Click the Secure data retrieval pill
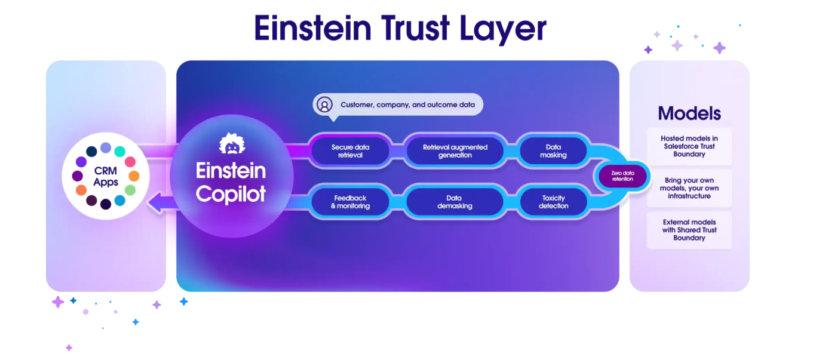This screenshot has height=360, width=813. click(x=350, y=151)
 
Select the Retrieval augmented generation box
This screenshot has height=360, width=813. click(x=455, y=151)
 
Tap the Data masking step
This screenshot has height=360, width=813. click(x=553, y=151)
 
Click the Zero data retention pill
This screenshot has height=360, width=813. click(x=622, y=176)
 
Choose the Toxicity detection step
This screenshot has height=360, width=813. click(x=553, y=202)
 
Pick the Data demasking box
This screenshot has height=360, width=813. click(x=455, y=202)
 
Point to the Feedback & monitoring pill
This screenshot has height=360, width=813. click(x=350, y=202)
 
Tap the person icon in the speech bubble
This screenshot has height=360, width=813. click(x=324, y=104)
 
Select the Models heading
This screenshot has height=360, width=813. click(x=689, y=113)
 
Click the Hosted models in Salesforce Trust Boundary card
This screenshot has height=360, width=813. click(x=689, y=146)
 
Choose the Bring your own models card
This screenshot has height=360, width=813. click(x=689, y=188)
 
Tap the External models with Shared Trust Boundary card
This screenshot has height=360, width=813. click(x=689, y=230)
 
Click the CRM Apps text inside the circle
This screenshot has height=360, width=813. click(x=106, y=177)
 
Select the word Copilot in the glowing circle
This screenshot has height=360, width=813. click(x=231, y=194)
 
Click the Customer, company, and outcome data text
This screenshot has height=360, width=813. click(x=407, y=104)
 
